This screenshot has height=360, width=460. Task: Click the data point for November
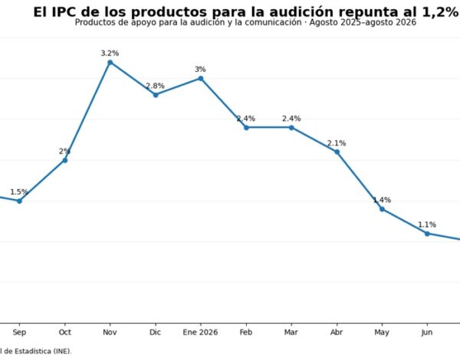tap(110, 63)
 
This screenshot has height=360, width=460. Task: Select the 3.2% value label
tap(110, 54)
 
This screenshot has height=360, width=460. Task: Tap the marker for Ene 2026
tap(201, 79)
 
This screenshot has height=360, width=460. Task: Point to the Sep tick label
tap(19, 332)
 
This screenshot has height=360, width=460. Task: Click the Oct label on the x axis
tap(65, 332)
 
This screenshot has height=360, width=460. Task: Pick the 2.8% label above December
tap(155, 86)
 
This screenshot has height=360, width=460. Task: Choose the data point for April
tap(337, 152)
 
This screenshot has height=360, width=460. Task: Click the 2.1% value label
tap(337, 143)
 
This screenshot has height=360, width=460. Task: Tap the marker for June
tap(428, 234)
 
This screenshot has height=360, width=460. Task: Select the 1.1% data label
tap(427, 225)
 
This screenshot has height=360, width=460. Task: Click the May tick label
tap(382, 332)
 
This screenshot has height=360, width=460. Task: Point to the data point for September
tap(19, 201)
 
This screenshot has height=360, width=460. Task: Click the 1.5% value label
tap(19, 192)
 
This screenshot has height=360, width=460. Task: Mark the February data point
tap(246, 127)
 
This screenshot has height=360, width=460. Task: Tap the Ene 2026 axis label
tap(200, 332)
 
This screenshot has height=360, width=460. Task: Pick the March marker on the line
tap(291, 127)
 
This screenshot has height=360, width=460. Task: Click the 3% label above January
tap(200, 70)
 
